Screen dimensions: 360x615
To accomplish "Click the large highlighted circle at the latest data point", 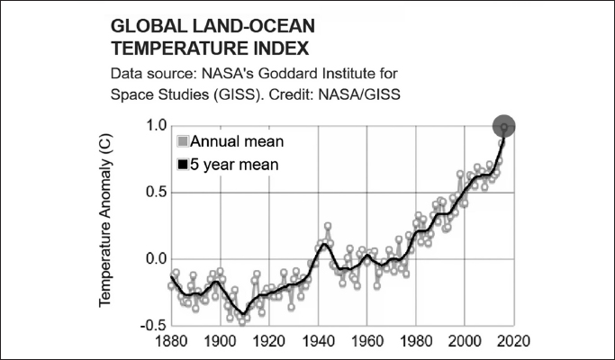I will pyautogui.click(x=504, y=128).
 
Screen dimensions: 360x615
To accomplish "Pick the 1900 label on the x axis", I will pyautogui.click(x=220, y=343).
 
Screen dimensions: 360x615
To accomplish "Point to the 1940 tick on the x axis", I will pyautogui.click(x=318, y=343).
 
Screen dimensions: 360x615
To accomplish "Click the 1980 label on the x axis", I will pyautogui.click(x=416, y=343).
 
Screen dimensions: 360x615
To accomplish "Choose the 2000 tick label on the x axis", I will pyautogui.click(x=465, y=343).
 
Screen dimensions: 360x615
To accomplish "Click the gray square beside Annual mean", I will pyautogui.click(x=183, y=142).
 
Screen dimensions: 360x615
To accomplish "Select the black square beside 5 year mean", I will pyautogui.click(x=183, y=165).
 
